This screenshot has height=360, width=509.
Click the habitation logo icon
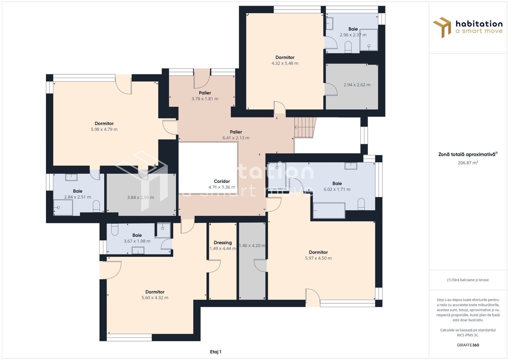(x=442, y=27)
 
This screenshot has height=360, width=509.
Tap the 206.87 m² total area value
(x=468, y=163)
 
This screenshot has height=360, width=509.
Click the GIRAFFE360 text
(x=468, y=345)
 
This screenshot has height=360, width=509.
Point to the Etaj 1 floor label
(x=215, y=352)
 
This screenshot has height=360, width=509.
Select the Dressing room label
(x=223, y=243)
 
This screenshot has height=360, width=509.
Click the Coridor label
(x=222, y=181)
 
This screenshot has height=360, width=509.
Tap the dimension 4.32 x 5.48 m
(x=285, y=63)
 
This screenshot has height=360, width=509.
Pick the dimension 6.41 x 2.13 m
(x=236, y=138)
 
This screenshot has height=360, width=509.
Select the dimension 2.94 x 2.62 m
(x=357, y=85)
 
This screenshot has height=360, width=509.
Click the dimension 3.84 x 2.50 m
(x=140, y=197)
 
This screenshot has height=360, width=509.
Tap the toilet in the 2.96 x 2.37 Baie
(x=348, y=47)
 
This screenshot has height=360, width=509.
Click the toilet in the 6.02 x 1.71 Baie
(x=361, y=204)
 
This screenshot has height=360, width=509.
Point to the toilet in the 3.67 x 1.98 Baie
(x=115, y=229)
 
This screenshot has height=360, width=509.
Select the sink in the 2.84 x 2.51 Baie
(x=71, y=177)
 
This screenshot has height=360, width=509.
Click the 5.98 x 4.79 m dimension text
(x=104, y=130)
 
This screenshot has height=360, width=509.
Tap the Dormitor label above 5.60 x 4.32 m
(x=155, y=292)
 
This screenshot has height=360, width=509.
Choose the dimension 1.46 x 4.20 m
(x=252, y=246)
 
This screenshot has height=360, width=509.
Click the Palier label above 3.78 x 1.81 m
(x=205, y=93)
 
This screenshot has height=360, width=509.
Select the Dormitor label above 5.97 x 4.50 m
(x=318, y=252)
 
